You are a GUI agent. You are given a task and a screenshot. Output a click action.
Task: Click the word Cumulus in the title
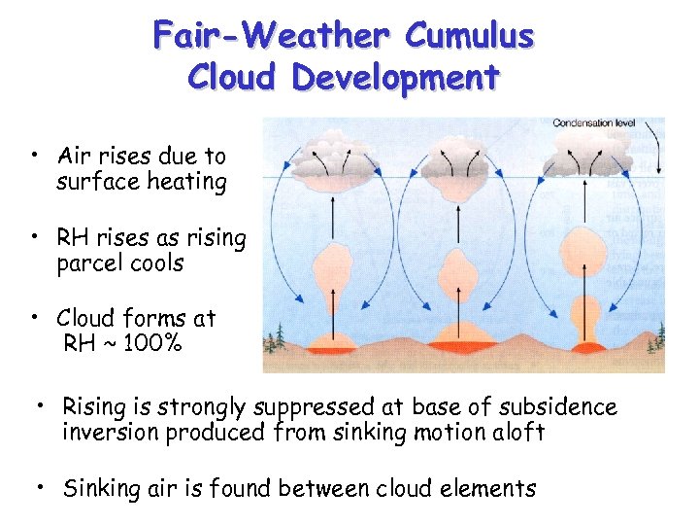(x=469, y=36)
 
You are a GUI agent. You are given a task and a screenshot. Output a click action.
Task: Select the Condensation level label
(x=593, y=122)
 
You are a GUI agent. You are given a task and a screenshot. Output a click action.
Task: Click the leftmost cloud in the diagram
(x=332, y=157)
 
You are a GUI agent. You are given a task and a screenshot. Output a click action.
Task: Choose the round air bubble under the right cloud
(x=585, y=248)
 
